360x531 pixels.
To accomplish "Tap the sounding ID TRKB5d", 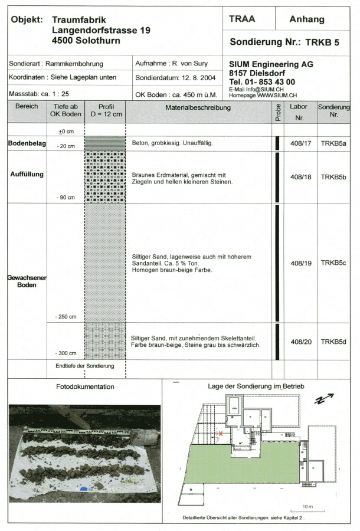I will pyautogui.click(x=333, y=342).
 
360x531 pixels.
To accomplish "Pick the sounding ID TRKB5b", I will pyautogui.click(x=333, y=176).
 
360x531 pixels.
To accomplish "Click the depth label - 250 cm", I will pyautogui.click(x=66, y=317).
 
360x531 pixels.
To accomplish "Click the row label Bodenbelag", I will pyautogui.click(x=27, y=143).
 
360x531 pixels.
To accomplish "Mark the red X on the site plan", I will pyautogui.click(x=221, y=434).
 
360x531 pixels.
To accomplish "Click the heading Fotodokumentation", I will pyautogui.click(x=85, y=386).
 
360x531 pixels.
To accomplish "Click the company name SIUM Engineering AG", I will pyautogui.click(x=271, y=64).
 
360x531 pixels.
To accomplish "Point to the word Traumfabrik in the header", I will pyautogui.click(x=79, y=19).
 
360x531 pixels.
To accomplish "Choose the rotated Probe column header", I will pyautogui.click(x=277, y=112).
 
